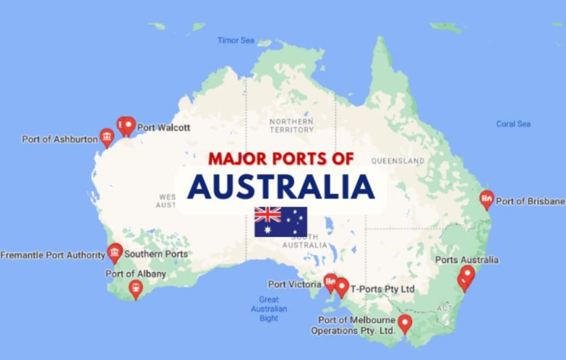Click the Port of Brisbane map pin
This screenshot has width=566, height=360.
486,199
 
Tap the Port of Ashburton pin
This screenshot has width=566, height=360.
107,137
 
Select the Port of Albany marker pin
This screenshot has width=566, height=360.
135,289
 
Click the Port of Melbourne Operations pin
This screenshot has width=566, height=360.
405,323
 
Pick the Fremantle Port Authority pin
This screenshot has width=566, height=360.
115,252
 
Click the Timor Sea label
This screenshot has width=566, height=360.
235,40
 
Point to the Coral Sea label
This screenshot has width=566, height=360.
513,124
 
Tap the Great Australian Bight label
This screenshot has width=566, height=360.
269,309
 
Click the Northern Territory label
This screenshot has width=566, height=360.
291,126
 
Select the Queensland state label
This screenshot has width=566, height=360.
397,161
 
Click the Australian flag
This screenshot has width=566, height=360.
280,222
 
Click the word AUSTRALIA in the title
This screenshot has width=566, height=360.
281,187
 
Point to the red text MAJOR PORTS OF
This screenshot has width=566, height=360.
281,159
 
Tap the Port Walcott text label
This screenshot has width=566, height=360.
164,128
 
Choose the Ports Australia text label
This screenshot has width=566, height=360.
467,260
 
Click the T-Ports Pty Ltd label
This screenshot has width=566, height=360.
382,289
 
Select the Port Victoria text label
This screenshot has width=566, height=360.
294,285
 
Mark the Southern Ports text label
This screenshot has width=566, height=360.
156,254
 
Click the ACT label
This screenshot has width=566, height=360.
444,307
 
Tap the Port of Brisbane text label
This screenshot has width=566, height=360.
530,201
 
